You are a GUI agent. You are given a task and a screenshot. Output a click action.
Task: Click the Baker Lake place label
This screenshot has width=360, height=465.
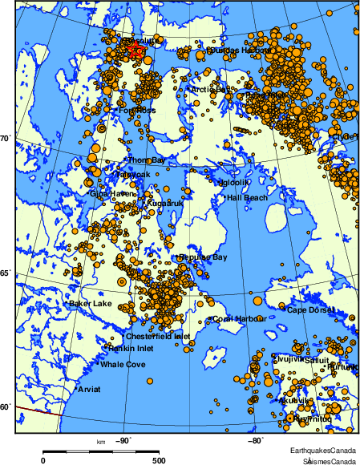90,304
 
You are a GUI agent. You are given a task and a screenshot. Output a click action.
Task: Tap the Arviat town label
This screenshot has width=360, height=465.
91,390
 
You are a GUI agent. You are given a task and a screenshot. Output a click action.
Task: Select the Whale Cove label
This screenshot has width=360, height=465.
123,365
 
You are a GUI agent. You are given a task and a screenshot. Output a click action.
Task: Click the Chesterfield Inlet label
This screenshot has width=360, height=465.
157,337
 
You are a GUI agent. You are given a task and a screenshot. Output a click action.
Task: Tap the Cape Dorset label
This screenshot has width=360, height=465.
308,310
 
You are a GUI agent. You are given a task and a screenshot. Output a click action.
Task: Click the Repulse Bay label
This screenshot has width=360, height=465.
204,257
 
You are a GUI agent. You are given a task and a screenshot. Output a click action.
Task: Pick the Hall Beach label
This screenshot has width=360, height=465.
247,197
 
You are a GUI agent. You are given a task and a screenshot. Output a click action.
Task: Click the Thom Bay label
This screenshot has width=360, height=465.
147,160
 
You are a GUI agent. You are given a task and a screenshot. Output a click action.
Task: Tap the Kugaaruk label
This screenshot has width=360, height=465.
166,204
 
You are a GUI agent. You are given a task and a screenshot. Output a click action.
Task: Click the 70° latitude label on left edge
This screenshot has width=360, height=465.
5,139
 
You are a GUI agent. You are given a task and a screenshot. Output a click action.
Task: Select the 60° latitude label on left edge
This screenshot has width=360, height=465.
5,407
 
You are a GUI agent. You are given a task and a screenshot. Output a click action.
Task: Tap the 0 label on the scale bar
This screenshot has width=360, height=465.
42,460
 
